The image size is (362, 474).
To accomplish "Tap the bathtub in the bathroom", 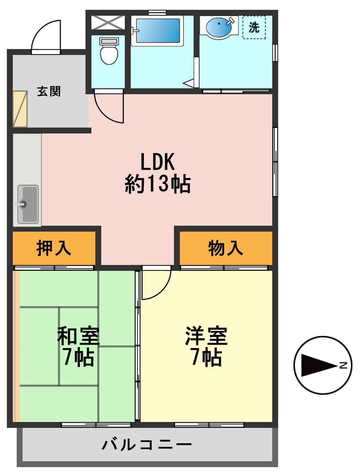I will (158, 30).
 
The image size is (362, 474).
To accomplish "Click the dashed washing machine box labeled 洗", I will (254, 27).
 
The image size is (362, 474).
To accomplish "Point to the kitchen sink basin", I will (28, 204).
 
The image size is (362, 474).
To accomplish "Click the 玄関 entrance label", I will (49, 91).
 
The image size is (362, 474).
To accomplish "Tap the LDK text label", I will (158, 162).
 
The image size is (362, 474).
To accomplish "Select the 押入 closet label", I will (54, 248).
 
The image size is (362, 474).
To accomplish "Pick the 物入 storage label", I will (226, 248).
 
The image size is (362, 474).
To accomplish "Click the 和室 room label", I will (78, 336).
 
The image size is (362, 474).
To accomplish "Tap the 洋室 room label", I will (206, 336).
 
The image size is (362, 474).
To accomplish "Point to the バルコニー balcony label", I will (147, 445).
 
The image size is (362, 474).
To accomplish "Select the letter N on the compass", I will (343, 365).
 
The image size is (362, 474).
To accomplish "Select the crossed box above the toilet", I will (108, 23).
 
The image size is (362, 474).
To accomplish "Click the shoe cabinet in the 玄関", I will (20, 109).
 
